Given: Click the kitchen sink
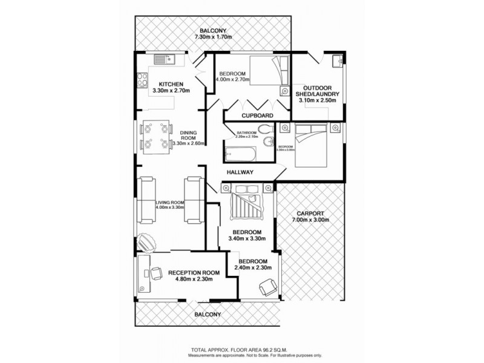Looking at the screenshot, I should tap(163, 59).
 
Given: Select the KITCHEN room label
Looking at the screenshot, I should tap(171, 84).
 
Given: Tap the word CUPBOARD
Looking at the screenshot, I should tap(257, 115).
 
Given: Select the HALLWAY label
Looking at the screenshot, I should tap(240, 172).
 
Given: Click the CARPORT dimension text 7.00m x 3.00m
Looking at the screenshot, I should tap(310, 220).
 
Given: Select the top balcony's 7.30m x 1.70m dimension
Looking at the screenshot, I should tap(214, 38).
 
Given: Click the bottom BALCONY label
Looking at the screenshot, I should tap(208, 315).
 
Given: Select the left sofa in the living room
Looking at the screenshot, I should tap(146, 200).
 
